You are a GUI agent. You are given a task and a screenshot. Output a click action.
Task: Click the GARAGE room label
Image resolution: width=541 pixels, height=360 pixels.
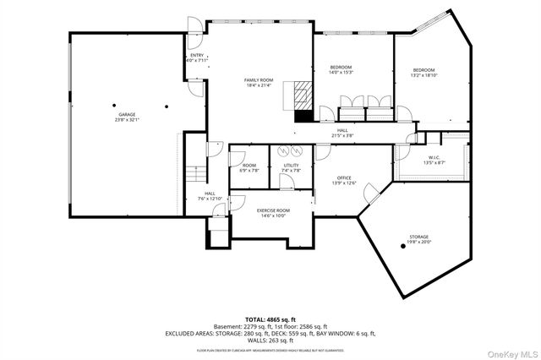pyautogui.click(x=127, y=114)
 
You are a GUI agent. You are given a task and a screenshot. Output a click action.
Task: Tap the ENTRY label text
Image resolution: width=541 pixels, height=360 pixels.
pyautogui.click(x=197, y=56)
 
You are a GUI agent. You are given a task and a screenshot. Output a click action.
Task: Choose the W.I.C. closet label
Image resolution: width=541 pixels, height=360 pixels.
pyautogui.click(x=433, y=156)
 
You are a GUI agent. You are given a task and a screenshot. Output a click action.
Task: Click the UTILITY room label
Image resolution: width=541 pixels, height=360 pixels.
pyautogui.click(x=291, y=165)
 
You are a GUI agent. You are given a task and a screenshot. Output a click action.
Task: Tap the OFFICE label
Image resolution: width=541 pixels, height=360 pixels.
pyautogui.click(x=344, y=177)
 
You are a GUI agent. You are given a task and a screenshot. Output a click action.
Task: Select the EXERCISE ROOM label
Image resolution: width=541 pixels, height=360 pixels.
pyautogui.click(x=273, y=210)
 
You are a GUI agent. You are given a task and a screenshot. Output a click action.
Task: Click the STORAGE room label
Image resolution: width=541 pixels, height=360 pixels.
pyautogui.click(x=419, y=237)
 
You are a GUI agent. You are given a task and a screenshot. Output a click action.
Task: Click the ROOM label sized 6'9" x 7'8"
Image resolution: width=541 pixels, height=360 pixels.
pyautogui.click(x=249, y=170)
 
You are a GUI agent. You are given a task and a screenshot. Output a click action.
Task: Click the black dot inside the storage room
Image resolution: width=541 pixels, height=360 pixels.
pyautogui.click(x=402, y=247)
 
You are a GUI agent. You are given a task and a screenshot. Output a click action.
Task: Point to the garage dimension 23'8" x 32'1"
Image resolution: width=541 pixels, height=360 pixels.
pyautogui.click(x=127, y=119)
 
